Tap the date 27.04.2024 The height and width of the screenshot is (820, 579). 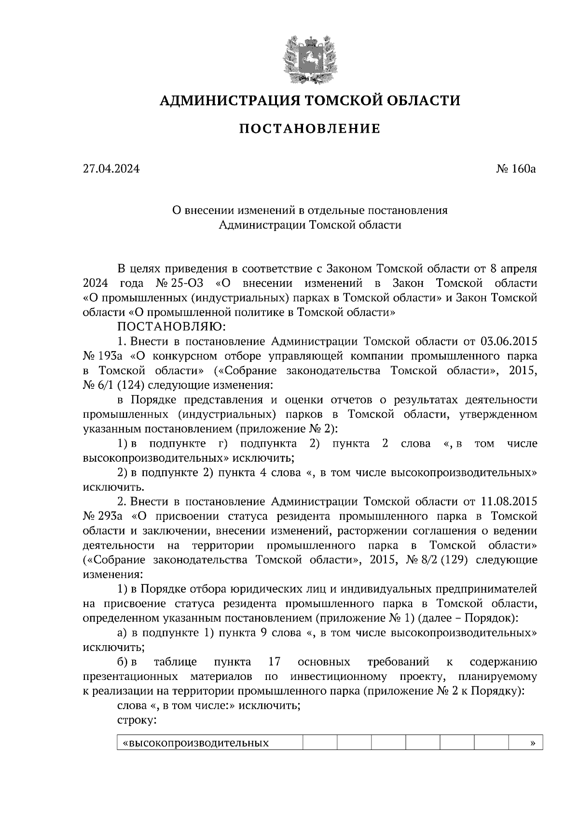[x=111, y=169]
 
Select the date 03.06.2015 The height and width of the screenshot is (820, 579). [x=509, y=341]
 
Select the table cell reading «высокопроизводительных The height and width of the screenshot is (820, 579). [x=196, y=742]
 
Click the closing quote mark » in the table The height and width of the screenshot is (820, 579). [x=532, y=742]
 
